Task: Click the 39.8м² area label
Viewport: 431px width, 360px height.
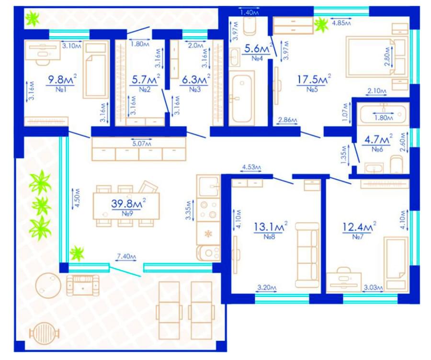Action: click(x=128, y=203)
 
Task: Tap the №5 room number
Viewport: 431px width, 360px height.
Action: click(x=312, y=90)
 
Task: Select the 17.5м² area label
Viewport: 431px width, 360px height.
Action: click(x=314, y=79)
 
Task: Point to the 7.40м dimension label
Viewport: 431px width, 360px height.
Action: click(x=126, y=257)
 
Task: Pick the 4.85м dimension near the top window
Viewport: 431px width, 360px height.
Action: click(x=341, y=23)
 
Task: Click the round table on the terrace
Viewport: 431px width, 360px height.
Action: click(x=48, y=285)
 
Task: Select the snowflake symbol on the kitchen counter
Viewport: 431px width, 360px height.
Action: click(x=208, y=234)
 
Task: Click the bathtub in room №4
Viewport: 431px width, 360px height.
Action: click(x=242, y=98)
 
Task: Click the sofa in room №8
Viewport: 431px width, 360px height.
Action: click(x=307, y=255)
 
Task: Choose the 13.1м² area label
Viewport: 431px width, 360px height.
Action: click(x=271, y=226)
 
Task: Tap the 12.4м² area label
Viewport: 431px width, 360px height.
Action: click(x=359, y=227)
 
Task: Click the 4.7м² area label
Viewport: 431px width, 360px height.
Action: click(x=378, y=140)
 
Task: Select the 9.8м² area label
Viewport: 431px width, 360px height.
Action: click(x=62, y=79)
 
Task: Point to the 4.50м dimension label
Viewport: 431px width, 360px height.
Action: click(x=77, y=198)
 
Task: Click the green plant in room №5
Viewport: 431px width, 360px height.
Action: click(x=321, y=25)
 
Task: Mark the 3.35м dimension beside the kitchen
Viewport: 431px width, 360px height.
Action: click(x=188, y=210)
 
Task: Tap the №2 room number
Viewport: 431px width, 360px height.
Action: click(x=145, y=90)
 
